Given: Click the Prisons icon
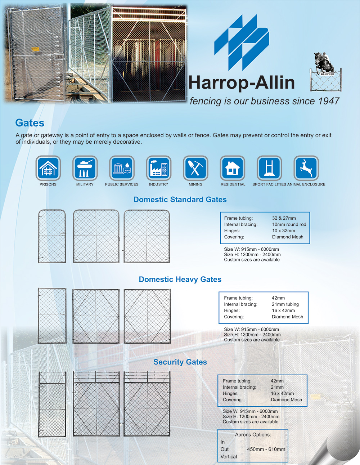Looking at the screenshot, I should pos(48,168).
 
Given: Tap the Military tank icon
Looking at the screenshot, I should pos(85,168).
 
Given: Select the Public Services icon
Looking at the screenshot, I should pos(122,168).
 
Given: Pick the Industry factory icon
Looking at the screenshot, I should pos(159,168).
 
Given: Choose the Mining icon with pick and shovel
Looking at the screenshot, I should pos(195,168).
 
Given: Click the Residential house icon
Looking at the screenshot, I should pos(233,168).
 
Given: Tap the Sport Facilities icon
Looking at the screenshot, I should pos(269,168).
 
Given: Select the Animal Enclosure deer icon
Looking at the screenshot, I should pos(306,168).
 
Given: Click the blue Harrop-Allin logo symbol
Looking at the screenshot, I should pos(242,42).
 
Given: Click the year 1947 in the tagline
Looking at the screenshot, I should pos(329,101).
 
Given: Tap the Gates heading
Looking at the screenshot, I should pos(30,123).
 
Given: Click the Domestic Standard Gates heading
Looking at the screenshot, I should pos(180,200).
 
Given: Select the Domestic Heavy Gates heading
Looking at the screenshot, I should pos(180,280).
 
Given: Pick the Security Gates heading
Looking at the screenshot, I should pos(180,362).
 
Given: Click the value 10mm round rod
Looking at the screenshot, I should pos(289,224).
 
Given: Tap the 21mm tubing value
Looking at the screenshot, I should pos(285,304).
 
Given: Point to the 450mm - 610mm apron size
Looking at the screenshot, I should pos(266,449).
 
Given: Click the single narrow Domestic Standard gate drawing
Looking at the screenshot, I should pos(52,236).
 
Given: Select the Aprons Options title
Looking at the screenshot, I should pos(253,435).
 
